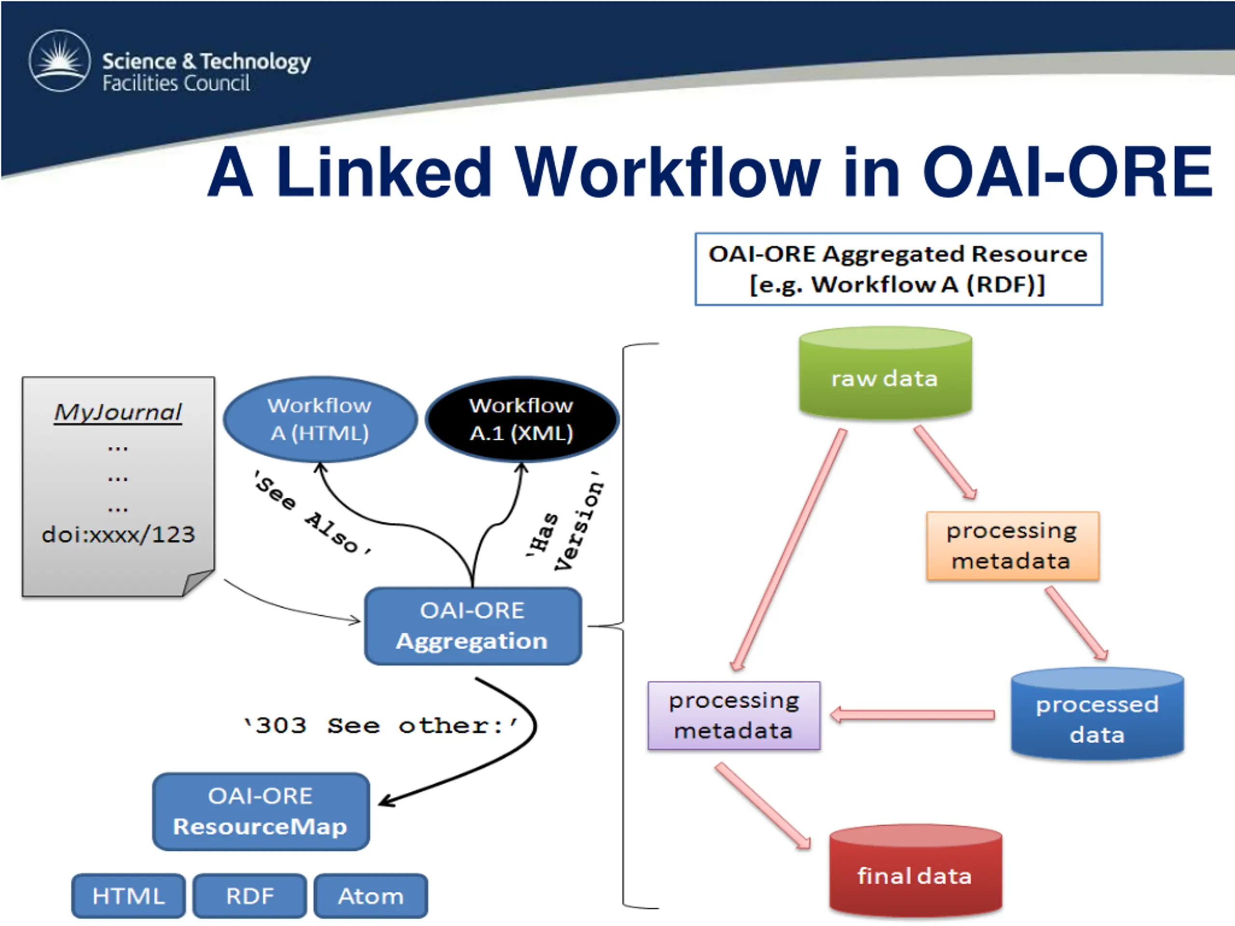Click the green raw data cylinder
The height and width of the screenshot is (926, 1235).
click(886, 373)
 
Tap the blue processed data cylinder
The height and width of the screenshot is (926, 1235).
click(1097, 714)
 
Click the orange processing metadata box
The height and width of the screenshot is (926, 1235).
click(1013, 546)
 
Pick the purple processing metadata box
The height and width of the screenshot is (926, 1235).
click(734, 715)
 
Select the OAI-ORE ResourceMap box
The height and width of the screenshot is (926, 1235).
click(261, 811)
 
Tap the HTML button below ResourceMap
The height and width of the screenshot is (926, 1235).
click(128, 896)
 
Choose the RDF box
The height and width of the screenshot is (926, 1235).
click(249, 896)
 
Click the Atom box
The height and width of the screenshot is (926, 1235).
click(370, 896)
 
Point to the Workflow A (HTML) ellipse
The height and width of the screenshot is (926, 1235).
click(320, 419)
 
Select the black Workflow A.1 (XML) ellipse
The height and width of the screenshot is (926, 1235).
click(522, 419)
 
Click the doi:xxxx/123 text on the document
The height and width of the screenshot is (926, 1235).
click(118, 534)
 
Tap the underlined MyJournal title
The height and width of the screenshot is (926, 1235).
click(118, 412)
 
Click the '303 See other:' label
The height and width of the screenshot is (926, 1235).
click(381, 726)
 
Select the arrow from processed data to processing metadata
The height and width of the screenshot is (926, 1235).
click(912, 714)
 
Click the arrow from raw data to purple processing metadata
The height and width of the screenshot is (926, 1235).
click(788, 549)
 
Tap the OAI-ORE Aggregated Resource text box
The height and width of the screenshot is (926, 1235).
click(898, 269)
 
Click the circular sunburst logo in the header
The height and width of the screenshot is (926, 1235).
click(60, 60)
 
